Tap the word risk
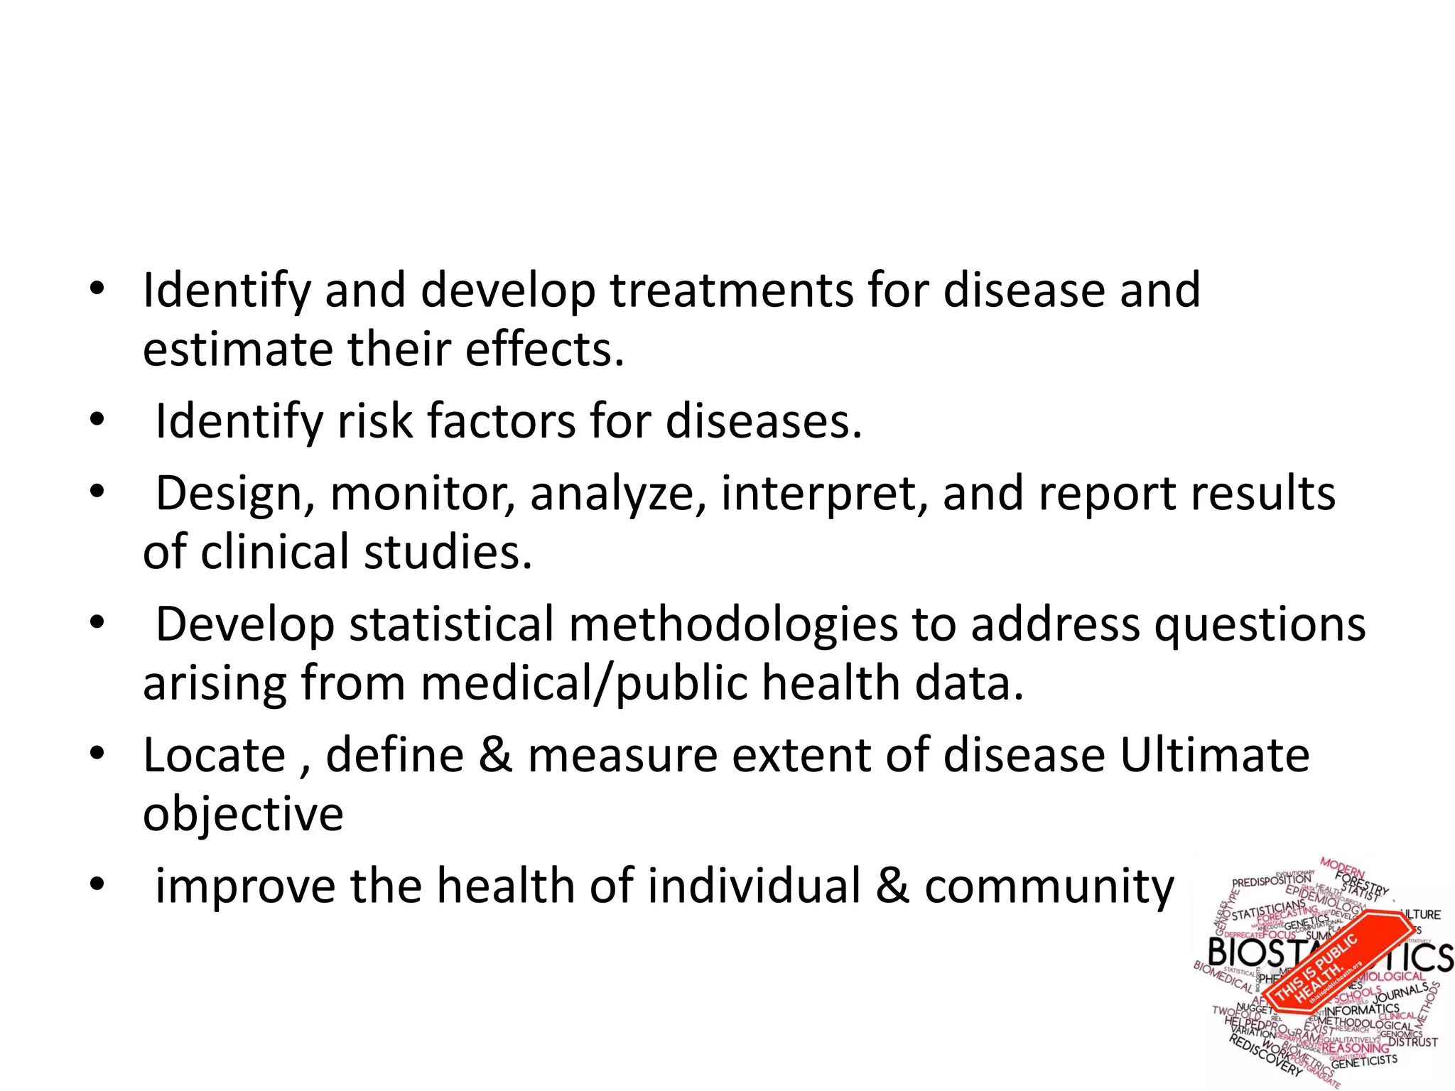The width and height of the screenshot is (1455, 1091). click(x=374, y=421)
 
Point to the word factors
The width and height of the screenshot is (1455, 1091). click(x=502, y=421)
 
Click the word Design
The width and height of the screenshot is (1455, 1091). click(x=230, y=494)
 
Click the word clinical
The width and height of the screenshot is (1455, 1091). click(x=275, y=553)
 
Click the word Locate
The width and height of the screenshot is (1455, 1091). click(x=214, y=755)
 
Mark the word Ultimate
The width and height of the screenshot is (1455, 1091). click(x=1214, y=755)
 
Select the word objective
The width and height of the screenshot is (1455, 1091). click(x=243, y=814)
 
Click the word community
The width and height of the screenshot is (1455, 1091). click(x=1049, y=887)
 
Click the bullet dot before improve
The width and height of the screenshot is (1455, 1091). click(x=97, y=885)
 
